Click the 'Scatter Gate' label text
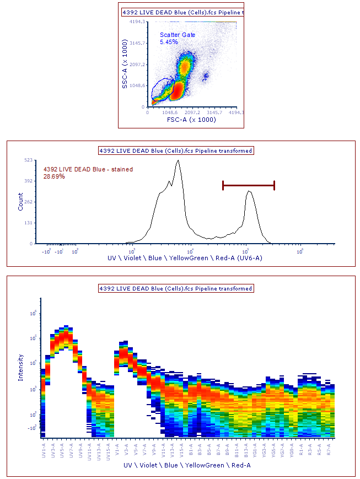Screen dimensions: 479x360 (178, 35)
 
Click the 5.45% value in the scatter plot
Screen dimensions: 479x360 (169, 42)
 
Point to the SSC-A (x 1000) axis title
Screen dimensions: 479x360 (126, 64)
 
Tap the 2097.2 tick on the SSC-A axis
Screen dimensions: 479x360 (136, 64)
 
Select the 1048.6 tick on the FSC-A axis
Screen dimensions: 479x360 (168, 112)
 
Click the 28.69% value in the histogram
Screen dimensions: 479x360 (54, 176)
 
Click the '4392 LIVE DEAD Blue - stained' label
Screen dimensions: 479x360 (88, 169)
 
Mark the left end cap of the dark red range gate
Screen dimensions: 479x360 (223, 185)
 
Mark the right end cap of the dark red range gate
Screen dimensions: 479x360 (274, 185)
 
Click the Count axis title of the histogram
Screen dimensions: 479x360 (20, 202)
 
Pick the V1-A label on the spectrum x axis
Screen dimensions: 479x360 (117, 448)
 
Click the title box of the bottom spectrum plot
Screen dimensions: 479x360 (175, 288)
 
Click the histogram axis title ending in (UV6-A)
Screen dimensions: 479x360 (185, 257)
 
